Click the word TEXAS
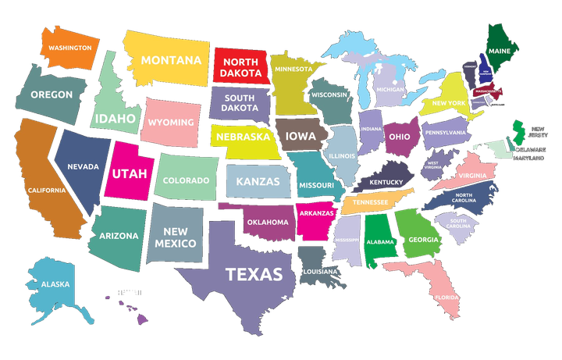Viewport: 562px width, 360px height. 254,274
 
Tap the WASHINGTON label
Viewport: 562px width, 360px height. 69,48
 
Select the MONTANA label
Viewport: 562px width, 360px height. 171,59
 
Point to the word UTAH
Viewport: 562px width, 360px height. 128,173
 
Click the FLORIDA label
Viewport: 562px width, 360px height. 447,298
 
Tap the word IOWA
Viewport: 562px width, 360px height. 301,136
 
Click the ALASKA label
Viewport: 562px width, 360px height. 55,284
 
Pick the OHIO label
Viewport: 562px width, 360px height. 400,136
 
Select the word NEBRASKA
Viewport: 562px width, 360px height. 244,137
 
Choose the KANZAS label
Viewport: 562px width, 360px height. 257,182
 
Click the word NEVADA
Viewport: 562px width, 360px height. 83,166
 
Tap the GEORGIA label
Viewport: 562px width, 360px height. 423,240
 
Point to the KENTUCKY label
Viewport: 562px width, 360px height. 386,182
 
